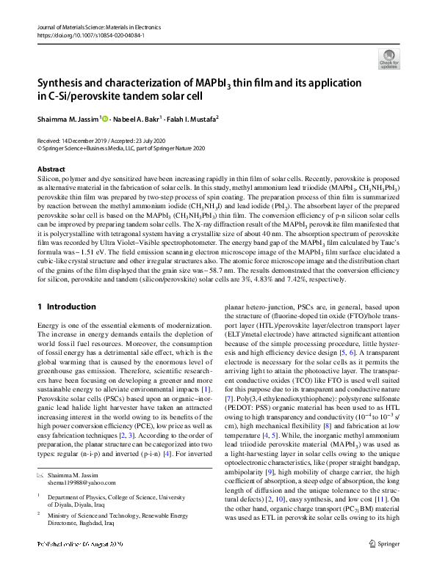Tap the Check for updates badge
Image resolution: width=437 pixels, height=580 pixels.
(x=389, y=58)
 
